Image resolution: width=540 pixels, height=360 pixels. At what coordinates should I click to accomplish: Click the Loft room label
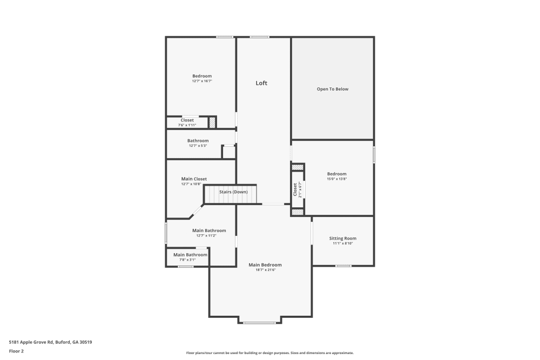click(261, 83)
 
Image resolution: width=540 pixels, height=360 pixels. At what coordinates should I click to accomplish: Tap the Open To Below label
click(332, 89)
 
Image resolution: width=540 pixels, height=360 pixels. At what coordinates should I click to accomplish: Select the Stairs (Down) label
click(233, 192)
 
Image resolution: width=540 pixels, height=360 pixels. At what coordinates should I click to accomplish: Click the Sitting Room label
click(343, 239)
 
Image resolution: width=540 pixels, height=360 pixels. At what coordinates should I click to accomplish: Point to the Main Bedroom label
click(265, 265)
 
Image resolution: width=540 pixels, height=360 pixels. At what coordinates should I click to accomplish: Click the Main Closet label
click(194, 179)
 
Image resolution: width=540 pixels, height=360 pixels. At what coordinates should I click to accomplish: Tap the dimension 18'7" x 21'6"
click(265, 270)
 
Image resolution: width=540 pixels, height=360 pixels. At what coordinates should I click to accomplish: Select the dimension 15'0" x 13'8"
click(336, 179)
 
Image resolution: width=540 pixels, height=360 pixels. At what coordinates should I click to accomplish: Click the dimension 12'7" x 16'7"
click(202, 81)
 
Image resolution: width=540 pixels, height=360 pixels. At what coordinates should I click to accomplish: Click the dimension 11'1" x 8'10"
click(343, 244)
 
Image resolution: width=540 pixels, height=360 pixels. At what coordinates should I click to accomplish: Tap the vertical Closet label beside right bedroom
click(295, 189)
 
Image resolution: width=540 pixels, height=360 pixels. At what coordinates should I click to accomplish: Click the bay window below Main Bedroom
click(259, 323)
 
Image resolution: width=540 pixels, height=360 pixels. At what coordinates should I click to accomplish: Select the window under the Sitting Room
click(343, 266)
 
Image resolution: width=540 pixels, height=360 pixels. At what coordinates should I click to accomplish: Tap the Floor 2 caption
click(16, 351)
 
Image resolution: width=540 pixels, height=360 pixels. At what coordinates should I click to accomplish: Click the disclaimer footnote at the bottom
click(270, 353)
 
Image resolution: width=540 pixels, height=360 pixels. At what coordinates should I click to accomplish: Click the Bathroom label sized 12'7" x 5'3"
click(198, 141)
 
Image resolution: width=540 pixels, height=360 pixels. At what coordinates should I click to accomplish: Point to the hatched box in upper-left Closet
click(212, 123)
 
